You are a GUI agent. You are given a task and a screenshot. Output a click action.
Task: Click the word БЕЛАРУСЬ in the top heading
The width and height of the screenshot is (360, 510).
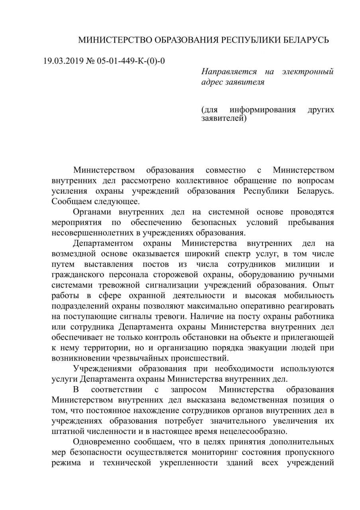pos(305,40)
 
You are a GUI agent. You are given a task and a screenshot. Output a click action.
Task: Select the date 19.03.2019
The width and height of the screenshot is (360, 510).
pos(61,61)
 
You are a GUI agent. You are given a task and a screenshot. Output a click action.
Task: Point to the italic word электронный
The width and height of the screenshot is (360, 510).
pos(307,72)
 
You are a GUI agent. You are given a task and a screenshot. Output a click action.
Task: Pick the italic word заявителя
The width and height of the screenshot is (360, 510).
pos(244,82)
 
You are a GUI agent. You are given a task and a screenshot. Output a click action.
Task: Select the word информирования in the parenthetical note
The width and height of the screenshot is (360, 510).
pos(263,110)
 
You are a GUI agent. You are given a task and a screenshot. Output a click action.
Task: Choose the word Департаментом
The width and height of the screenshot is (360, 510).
pos(101,243)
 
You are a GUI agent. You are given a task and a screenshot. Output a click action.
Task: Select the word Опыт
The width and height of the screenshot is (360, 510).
pos(323,284)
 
